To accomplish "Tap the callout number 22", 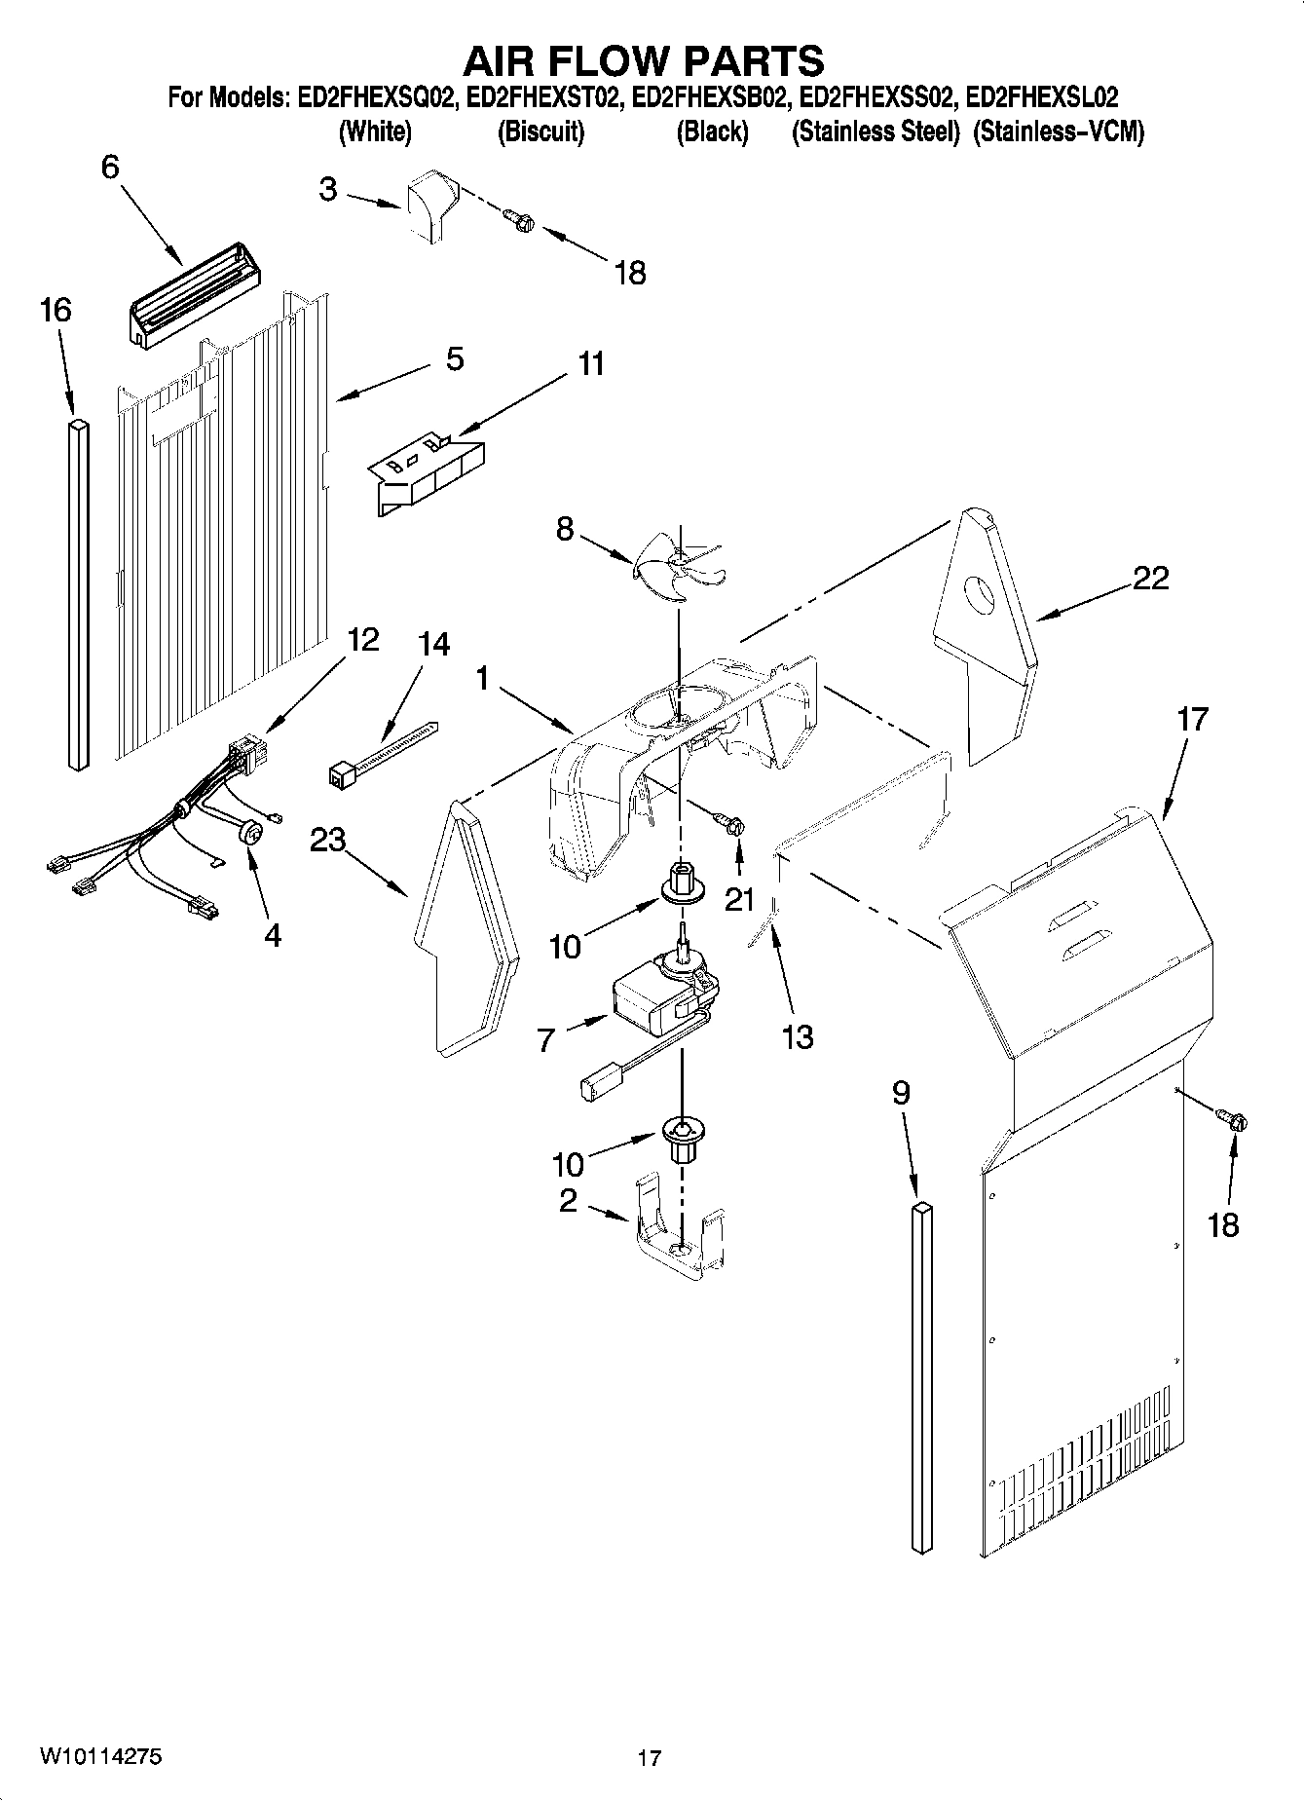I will pos(1150,579).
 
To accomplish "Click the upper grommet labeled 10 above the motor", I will pos(683,882).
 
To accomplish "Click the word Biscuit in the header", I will pos(540,132).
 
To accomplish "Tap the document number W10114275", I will pos(100,1755).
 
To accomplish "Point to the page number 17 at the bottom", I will pos(650,1757).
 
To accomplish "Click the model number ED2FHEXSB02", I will pos(709,97).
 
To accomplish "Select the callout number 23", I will pos(328,840).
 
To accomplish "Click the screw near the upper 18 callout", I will pos(520,222).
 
